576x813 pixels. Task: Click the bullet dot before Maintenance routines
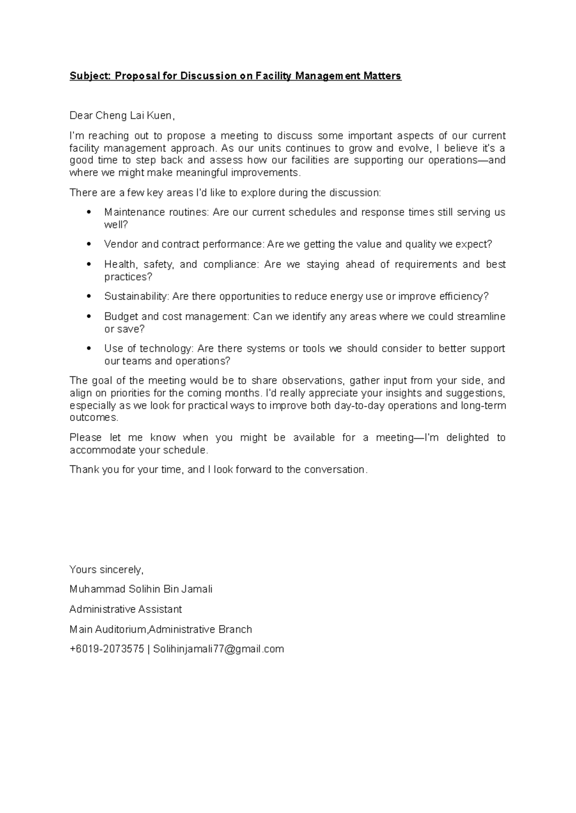[x=88, y=212]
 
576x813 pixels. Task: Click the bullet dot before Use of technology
[x=88, y=348]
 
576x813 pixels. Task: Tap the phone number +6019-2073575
[x=107, y=649]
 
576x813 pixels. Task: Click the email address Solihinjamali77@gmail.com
[x=218, y=649]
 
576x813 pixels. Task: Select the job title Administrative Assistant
[x=126, y=609]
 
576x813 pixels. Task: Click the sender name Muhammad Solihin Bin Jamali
[x=141, y=589]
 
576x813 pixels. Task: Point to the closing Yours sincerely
[x=106, y=569]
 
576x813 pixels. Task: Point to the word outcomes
[x=93, y=418]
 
